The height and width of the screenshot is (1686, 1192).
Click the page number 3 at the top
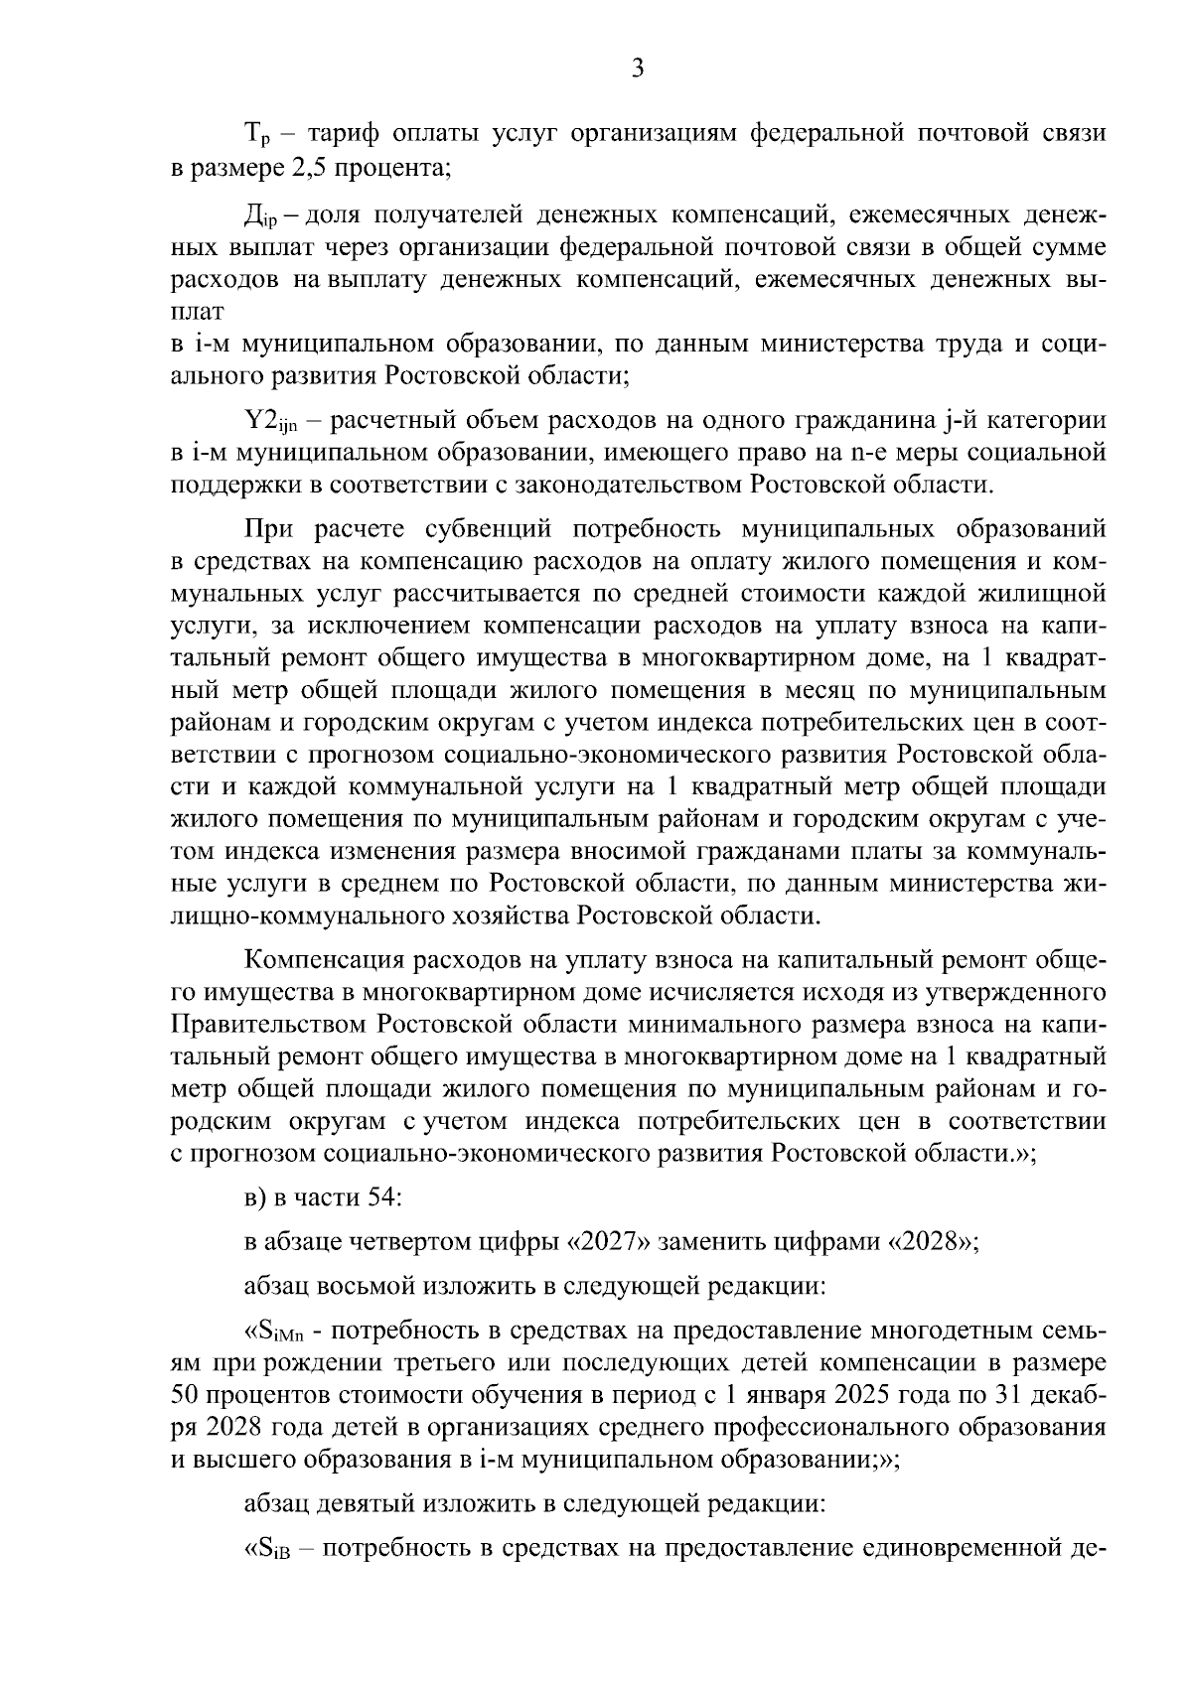[x=638, y=68]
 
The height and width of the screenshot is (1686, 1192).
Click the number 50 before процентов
[x=186, y=1395]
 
